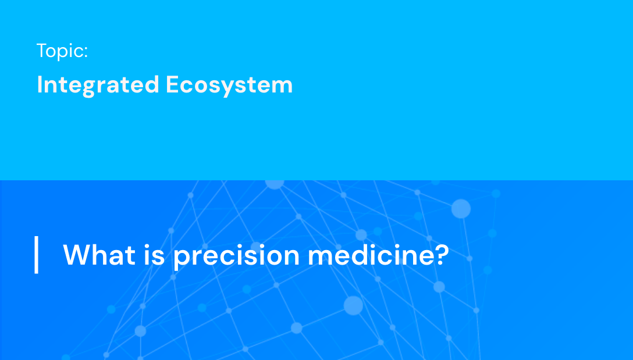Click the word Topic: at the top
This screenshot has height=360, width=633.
pos(62,51)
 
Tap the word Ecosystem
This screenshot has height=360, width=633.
pos(229,85)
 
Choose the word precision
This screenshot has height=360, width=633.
pos(236,256)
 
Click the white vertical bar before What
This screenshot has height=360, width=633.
pos(37,255)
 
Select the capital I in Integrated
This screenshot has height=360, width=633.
pos(40,85)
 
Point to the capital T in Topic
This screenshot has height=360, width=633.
pos(42,51)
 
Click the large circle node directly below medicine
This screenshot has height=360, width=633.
pos(353,305)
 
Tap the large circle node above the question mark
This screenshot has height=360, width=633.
pos(461,208)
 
